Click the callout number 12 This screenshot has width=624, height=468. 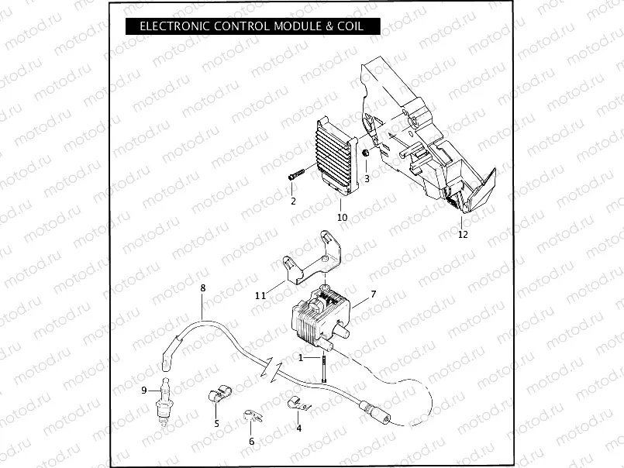coord(463,233)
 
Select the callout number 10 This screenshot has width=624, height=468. coord(342,217)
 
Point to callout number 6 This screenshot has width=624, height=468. coord(251,441)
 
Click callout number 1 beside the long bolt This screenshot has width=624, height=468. coord(302,357)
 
